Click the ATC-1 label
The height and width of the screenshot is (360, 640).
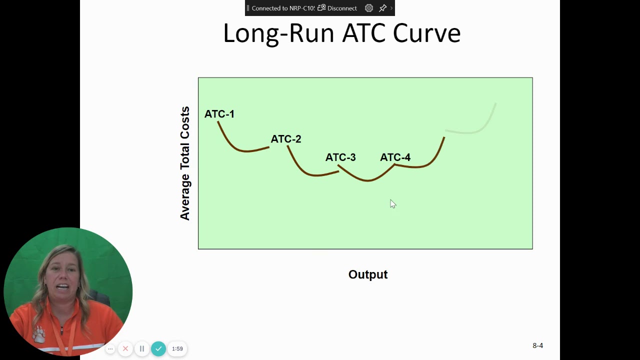[219, 114]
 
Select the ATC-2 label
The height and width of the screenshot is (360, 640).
[285, 139]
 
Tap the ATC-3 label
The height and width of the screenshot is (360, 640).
[340, 157]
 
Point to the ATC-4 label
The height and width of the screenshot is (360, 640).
[395, 157]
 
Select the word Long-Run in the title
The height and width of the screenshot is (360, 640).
[278, 33]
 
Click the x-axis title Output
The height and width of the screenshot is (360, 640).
[368, 274]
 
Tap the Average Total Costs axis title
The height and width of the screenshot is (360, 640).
[185, 163]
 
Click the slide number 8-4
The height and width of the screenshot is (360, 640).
[537, 345]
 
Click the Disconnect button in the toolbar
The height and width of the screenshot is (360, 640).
[337, 8]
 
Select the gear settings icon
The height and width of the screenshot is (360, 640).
[369, 8]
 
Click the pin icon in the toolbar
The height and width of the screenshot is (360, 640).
[382, 8]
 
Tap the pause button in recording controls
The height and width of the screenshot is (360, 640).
[142, 348]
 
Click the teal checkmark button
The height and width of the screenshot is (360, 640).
[158, 348]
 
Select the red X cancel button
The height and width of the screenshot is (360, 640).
[125, 348]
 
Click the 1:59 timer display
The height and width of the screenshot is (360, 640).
[177, 348]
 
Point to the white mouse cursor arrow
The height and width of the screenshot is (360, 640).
[392, 203]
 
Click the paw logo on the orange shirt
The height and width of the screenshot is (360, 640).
[38, 333]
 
